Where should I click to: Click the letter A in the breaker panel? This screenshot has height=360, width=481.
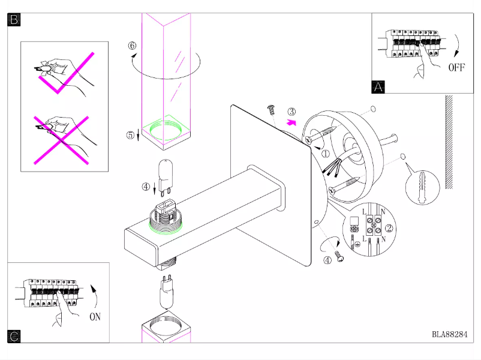378,86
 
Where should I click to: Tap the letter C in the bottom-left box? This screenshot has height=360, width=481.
14,337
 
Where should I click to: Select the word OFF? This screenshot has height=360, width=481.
456,67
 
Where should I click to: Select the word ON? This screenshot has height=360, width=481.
95,316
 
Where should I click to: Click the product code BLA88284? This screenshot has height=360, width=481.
449,335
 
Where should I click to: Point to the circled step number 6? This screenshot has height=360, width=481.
132,46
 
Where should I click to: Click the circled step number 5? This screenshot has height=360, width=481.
131,134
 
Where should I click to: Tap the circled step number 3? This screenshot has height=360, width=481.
291,112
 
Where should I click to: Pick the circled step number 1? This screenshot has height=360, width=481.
326,153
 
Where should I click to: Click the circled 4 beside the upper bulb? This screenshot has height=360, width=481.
146,186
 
